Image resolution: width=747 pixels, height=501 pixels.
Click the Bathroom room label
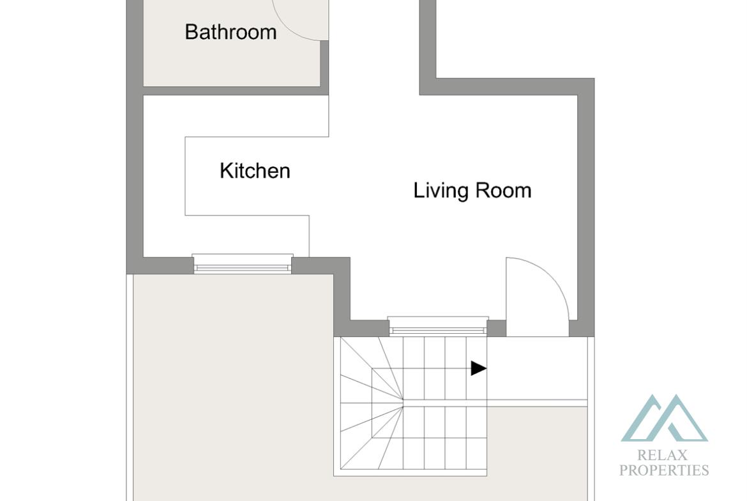point(230,32)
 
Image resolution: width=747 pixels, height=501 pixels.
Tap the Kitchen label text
point(255,170)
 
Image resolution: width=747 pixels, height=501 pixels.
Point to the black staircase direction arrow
point(478,368)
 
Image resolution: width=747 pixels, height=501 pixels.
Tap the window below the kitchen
point(243,264)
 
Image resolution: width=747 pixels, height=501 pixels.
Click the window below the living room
point(438,325)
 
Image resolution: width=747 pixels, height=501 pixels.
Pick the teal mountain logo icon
point(664,418)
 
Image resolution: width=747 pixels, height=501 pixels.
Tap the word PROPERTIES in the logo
point(663,470)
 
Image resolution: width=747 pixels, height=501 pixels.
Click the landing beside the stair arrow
point(537,368)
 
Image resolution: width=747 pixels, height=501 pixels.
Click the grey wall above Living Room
point(506,86)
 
